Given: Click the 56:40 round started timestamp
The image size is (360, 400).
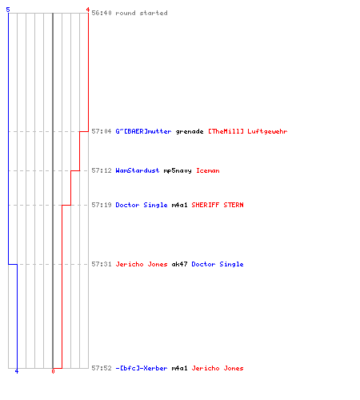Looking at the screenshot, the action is pyautogui.click(x=102, y=13).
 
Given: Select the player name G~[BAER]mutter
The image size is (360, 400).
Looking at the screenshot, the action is pyautogui.click(x=143, y=131).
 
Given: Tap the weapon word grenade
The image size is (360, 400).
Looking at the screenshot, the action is pyautogui.click(x=190, y=131).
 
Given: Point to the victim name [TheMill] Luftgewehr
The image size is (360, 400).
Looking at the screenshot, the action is pyautogui.click(x=248, y=131).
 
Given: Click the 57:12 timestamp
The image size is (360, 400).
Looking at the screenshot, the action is pyautogui.click(x=102, y=170).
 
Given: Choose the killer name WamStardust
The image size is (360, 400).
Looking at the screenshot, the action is pyautogui.click(x=138, y=170).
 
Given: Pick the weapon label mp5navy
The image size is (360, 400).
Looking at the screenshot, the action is pyautogui.click(x=178, y=170).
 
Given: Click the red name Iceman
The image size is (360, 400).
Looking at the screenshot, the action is pyautogui.click(x=208, y=170).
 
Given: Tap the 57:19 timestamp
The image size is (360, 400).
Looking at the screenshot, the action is pyautogui.click(x=102, y=205).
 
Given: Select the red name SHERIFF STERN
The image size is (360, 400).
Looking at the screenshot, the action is pyautogui.click(x=218, y=205).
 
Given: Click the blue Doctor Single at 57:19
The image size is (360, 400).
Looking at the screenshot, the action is pyautogui.click(x=142, y=205).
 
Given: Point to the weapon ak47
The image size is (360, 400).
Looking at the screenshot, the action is pyautogui.click(x=179, y=264).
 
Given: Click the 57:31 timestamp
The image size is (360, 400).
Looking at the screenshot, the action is pyautogui.click(x=102, y=264).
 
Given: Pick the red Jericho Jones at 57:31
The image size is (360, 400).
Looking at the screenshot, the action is pyautogui.click(x=142, y=264).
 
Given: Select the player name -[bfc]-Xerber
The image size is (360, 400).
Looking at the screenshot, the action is pyautogui.click(x=142, y=368).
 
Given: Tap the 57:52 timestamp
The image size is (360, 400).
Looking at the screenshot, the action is pyautogui.click(x=102, y=368).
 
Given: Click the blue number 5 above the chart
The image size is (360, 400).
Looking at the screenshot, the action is pyautogui.click(x=8, y=10).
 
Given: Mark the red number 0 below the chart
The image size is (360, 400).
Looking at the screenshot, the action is pyautogui.click(x=53, y=371).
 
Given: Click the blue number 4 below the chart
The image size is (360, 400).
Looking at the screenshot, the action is pyautogui.click(x=17, y=371).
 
